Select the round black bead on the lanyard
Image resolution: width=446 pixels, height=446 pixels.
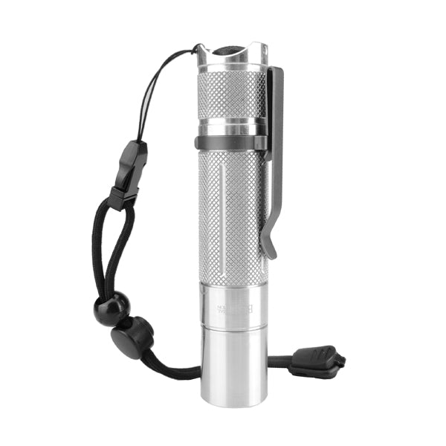[x=111, y=308]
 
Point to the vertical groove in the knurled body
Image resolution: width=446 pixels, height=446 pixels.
[x=222, y=216]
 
